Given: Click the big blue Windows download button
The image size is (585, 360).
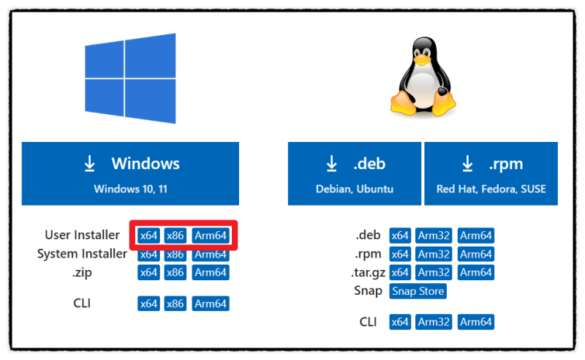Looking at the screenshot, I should [130, 173].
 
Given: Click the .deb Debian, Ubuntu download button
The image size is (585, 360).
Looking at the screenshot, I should [355, 173].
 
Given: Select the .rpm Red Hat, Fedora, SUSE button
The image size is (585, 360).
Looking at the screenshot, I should [491, 173].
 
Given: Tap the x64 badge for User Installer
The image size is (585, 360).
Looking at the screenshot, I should [148, 236].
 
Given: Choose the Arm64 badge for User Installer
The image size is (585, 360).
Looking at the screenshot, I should [211, 236].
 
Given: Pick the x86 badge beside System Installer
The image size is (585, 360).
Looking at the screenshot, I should [175, 255].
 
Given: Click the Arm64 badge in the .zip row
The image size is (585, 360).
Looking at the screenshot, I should [211, 272].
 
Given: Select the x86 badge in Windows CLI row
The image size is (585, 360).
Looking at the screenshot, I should [175, 304].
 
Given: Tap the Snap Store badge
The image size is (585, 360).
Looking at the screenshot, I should [418, 291].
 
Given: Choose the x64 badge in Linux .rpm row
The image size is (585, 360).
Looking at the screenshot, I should [400, 254].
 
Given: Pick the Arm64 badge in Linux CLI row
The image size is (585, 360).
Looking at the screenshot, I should [476, 322].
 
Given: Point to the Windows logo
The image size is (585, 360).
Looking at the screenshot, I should [130, 78].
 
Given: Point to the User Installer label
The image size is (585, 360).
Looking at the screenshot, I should [82, 236].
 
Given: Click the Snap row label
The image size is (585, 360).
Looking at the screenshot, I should [368, 291].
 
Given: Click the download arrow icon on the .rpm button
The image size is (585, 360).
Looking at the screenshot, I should [467, 163].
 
